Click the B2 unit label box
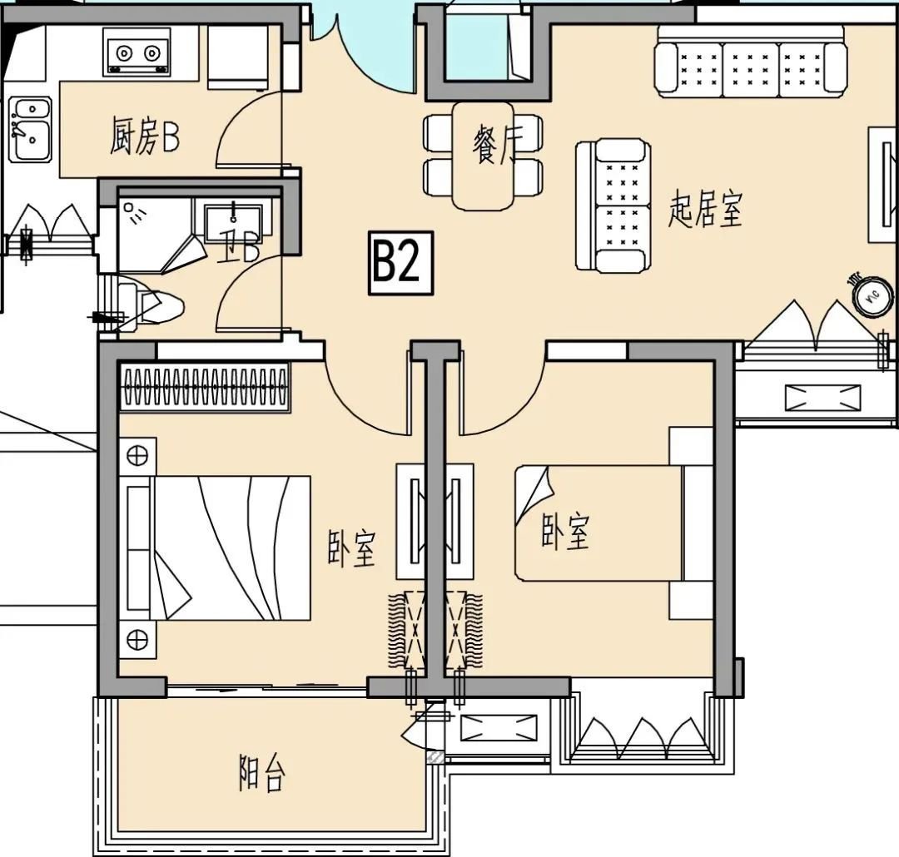pyautogui.click(x=400, y=263)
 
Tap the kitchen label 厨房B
pyautogui.click(x=145, y=136)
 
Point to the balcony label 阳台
pyautogui.click(x=262, y=772)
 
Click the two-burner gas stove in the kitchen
pyautogui.click(x=137, y=52)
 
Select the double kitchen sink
pyautogui.click(x=31, y=130)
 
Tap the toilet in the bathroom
pyautogui.click(x=151, y=305)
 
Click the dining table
pyautogui.click(x=483, y=156)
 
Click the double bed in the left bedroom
pyautogui.click(x=215, y=547)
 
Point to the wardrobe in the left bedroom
pyautogui.click(x=204, y=386)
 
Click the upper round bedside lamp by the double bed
pyautogui.click(x=137, y=457)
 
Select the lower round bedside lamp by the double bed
pyautogui.click(x=137, y=639)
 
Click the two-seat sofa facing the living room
pyautogui.click(x=613, y=206)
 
